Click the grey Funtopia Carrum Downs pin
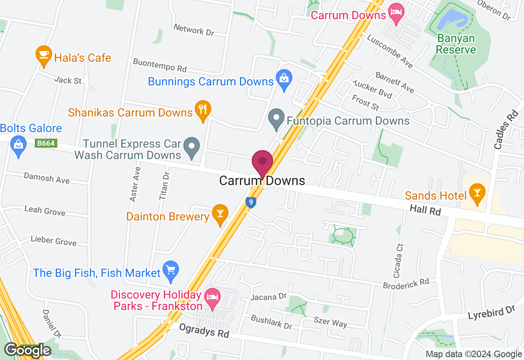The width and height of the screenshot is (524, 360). (276, 118)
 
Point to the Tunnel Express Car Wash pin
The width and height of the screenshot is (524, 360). (191, 146)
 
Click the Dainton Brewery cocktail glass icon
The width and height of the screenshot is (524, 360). (220, 214)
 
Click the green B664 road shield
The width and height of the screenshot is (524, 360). (46, 143)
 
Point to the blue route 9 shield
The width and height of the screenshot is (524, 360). (251, 202)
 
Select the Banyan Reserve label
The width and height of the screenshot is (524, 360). (456, 44)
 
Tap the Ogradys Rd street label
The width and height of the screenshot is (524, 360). (204, 331)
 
